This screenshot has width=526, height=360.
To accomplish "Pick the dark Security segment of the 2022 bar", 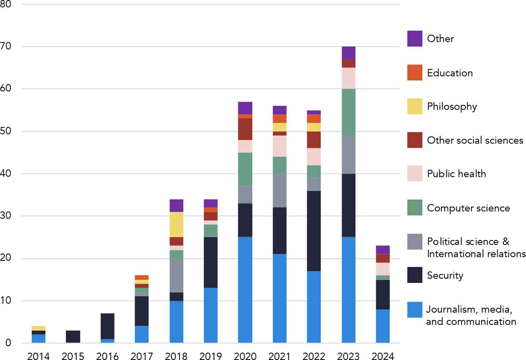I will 314,231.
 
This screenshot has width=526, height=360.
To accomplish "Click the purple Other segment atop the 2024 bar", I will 383,249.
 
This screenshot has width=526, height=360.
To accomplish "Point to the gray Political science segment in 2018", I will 176,275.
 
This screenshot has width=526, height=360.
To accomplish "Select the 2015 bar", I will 73,336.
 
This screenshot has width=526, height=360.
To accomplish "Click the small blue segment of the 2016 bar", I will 107,341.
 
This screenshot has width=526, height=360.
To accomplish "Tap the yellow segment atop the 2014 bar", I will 38,328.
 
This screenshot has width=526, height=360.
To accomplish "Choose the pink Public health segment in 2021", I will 279,146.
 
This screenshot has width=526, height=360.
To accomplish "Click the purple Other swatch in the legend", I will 415,39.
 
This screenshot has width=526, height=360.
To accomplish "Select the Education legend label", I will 450,73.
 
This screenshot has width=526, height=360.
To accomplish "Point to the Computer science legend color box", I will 415,208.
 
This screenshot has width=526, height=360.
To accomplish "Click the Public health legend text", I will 456,174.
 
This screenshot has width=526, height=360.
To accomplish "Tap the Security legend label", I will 445,275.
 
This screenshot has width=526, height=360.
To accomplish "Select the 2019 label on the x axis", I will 210,355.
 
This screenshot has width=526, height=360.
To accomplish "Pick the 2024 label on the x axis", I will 383,355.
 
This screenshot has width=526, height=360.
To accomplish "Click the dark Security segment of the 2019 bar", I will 210,262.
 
